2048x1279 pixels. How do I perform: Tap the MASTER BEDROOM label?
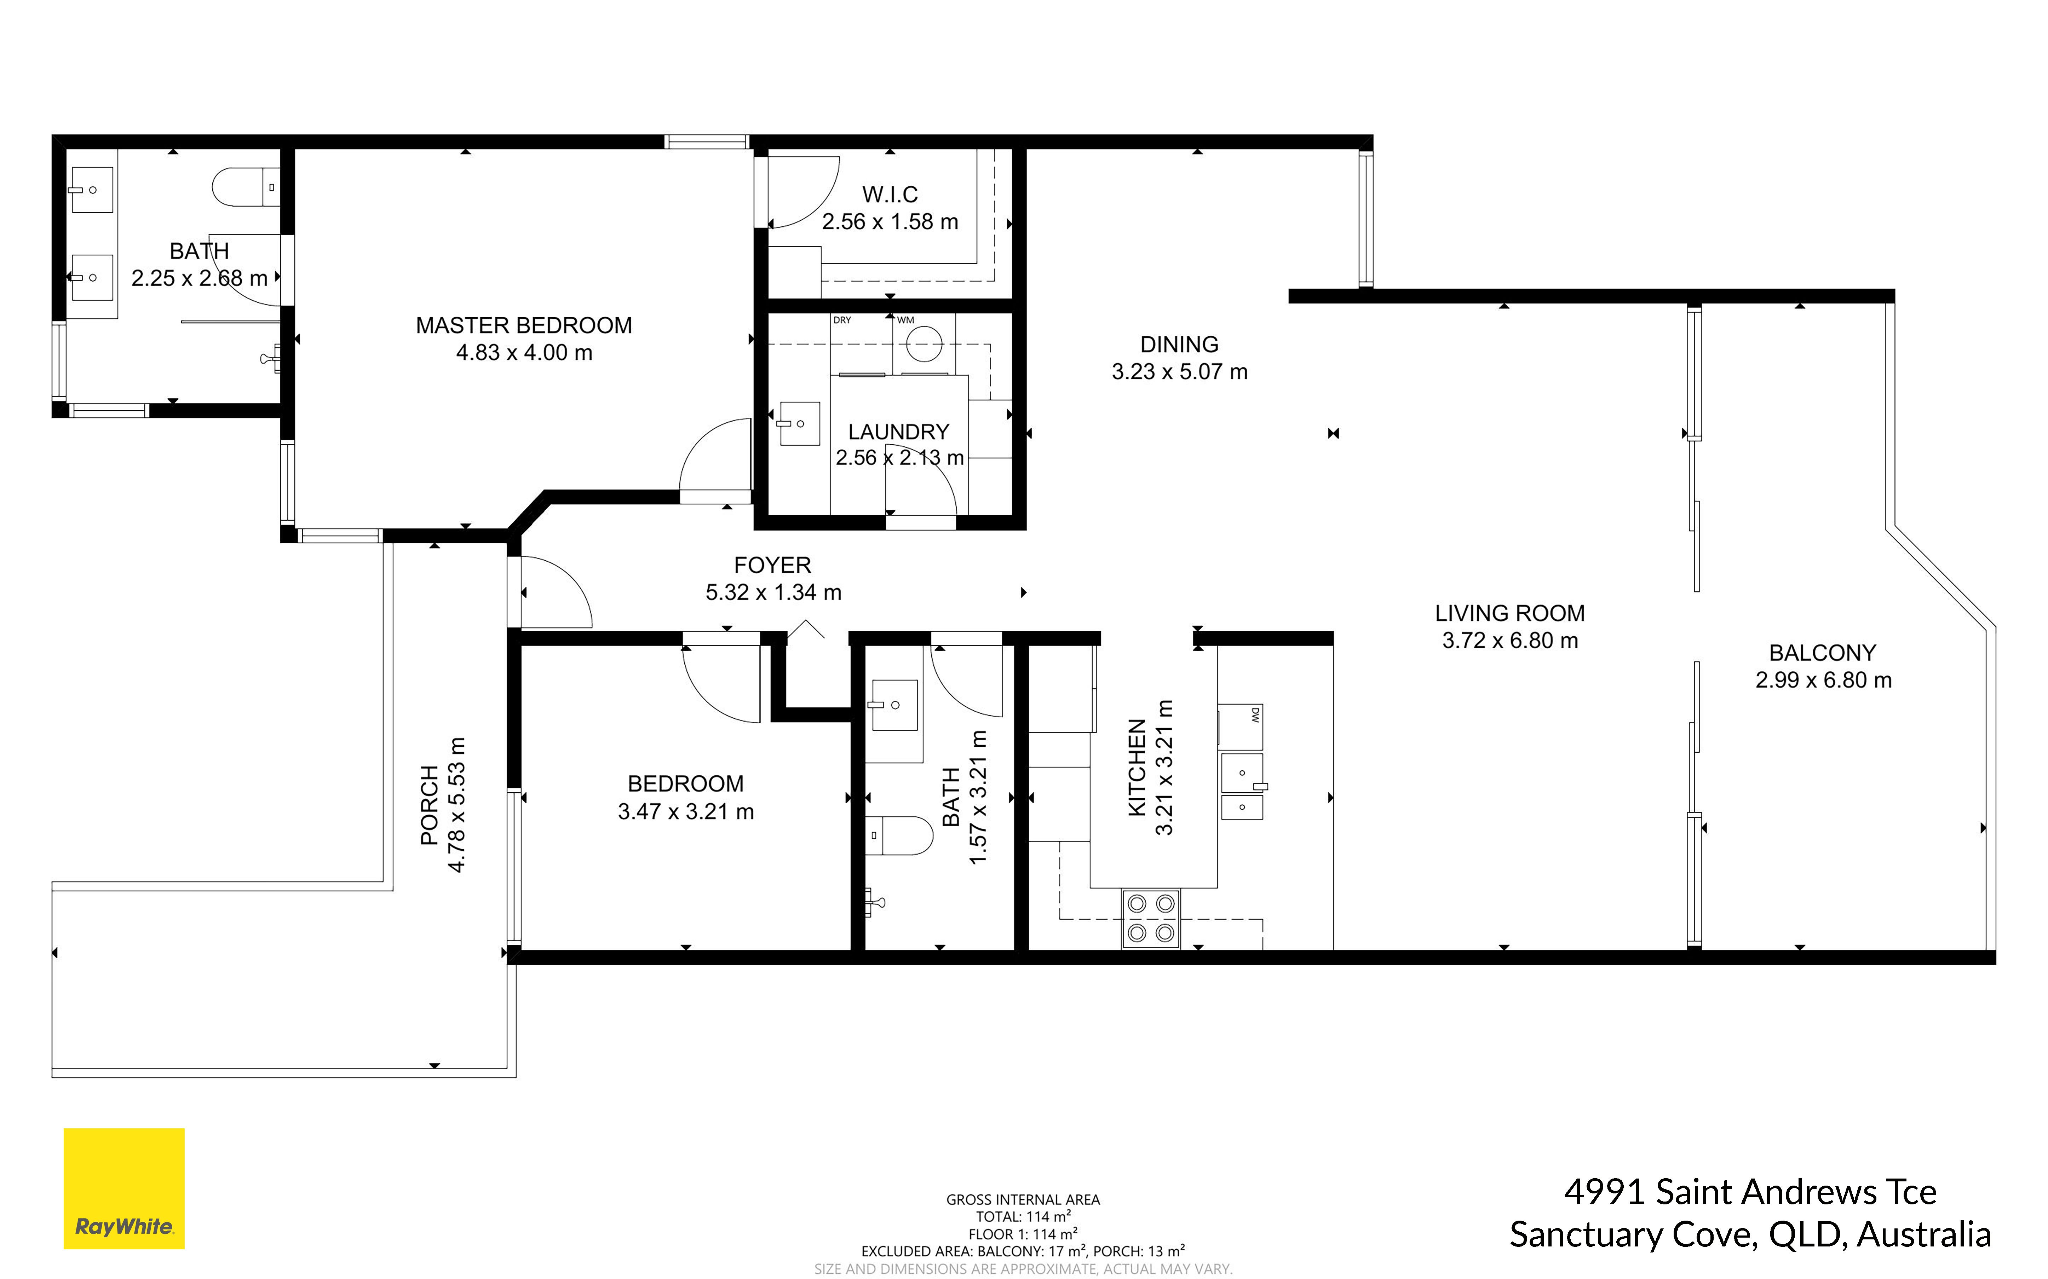tap(524, 326)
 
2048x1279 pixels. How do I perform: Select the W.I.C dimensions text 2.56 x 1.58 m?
tap(890, 222)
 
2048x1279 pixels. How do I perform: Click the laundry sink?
tap(799, 423)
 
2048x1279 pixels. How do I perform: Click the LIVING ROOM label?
tap(1510, 613)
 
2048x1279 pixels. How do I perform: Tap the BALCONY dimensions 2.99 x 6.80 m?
tap(1823, 680)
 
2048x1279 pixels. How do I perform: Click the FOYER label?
tap(772, 565)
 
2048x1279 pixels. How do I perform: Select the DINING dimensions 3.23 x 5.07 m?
tap(1179, 371)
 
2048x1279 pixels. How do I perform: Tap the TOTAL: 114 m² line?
tap(1024, 1216)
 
